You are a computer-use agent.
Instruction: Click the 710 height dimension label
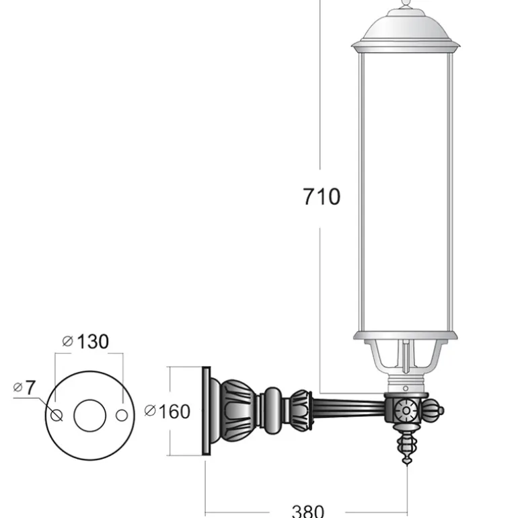pyautogui.click(x=322, y=197)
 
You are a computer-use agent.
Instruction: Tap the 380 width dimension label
pyautogui.click(x=308, y=511)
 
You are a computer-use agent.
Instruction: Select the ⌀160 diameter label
pyautogui.click(x=168, y=412)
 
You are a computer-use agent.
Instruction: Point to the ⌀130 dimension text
pyautogui.click(x=85, y=341)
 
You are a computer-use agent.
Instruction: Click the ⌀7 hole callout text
pyautogui.click(x=24, y=387)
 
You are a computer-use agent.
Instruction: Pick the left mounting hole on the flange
pyautogui.click(x=57, y=415)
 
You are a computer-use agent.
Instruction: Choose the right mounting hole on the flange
pyautogui.click(x=122, y=415)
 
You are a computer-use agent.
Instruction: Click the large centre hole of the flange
pyautogui.click(x=89, y=415)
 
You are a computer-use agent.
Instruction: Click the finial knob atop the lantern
pyautogui.click(x=406, y=4)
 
